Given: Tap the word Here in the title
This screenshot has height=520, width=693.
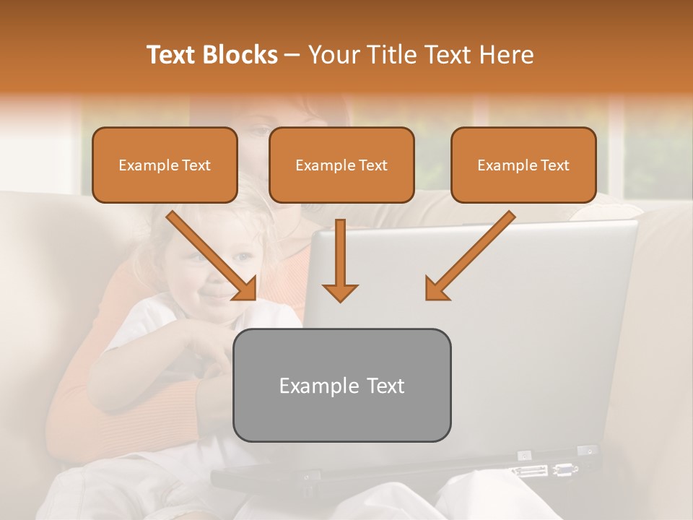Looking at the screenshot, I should point(507,55).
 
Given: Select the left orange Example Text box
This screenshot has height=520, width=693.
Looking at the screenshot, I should point(165,165).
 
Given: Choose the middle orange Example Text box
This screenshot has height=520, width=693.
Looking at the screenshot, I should point(341,165).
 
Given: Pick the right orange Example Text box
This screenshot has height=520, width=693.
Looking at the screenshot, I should point(523,165).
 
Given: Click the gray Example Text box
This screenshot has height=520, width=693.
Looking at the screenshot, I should point(341,385).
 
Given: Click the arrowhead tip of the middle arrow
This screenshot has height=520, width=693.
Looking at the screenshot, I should point(340,299).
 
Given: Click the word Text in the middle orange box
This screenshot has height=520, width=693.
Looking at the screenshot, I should point(372,165).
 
